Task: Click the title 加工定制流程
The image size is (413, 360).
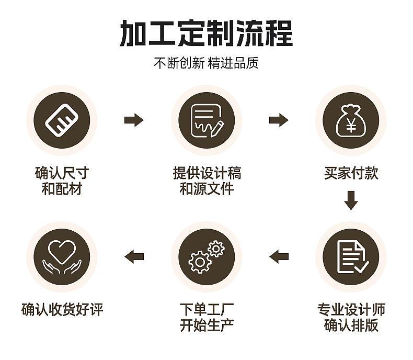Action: [206, 33]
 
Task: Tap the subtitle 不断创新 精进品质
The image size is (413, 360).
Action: [206, 63]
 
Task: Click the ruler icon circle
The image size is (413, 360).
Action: [62, 120]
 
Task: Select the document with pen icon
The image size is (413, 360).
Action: [206, 120]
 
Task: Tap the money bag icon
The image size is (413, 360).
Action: [351, 120]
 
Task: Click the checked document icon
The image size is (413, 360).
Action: [351, 256]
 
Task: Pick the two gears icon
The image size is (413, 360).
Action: [206, 256]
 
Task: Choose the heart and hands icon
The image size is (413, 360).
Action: [62, 256]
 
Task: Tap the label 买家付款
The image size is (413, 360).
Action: [351, 173]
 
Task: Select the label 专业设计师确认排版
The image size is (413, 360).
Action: [351, 317]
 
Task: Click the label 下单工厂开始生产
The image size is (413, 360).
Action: [206, 317]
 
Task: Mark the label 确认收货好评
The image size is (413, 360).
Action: [62, 310]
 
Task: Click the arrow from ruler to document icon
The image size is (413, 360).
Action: [134, 120]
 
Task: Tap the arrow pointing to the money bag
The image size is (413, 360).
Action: [279, 120]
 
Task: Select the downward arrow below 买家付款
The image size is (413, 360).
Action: [351, 201]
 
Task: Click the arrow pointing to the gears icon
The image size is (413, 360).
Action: [279, 256]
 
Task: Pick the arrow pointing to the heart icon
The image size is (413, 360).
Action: [134, 256]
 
